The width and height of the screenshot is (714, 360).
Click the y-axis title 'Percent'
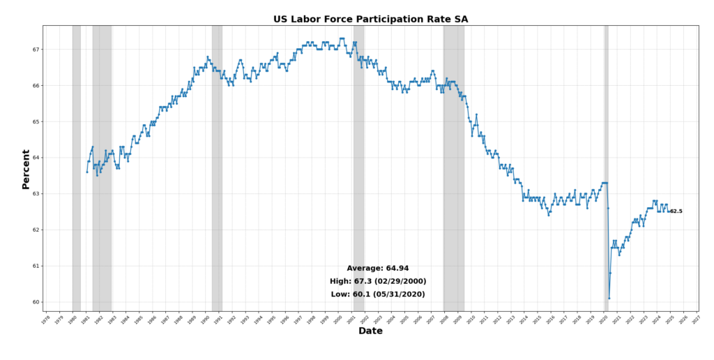[x=26, y=169]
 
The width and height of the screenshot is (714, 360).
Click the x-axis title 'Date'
[x=370, y=331]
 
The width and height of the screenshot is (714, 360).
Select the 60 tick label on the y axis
[x=35, y=302]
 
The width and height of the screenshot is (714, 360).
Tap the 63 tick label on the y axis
[x=35, y=194]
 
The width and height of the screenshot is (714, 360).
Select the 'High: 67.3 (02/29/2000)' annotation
[x=378, y=281]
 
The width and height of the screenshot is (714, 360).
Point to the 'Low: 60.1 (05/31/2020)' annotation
[x=378, y=294]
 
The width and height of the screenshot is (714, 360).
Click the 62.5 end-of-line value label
[x=676, y=211]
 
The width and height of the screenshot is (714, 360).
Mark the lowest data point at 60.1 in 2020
[x=609, y=298]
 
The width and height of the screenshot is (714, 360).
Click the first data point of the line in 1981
[x=87, y=172]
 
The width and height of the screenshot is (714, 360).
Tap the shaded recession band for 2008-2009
[x=453, y=167]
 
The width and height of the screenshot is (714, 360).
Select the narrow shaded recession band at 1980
[x=76, y=167]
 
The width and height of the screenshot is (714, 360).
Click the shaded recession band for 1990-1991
[x=217, y=167]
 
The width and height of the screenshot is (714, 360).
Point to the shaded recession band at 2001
[x=358, y=167]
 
